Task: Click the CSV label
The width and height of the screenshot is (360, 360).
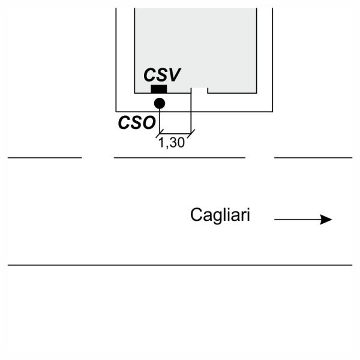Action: pos(162,75)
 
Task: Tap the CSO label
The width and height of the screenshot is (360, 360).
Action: pos(137,122)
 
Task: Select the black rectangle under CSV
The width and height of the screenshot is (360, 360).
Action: pos(159,89)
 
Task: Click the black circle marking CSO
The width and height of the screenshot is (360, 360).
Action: pos(160,103)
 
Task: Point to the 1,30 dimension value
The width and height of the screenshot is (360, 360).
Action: pos(172,143)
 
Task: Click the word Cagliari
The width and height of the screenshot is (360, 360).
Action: pos(220,215)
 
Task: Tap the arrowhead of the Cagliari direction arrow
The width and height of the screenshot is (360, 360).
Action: pos(326,220)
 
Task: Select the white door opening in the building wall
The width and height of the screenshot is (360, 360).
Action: pos(199,91)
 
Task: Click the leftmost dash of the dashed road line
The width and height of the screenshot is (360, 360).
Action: pos(45,158)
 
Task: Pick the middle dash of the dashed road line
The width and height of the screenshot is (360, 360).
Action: pos(179,158)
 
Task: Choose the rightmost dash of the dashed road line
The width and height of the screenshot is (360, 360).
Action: pos(313,158)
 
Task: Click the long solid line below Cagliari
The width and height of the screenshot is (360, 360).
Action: pos(180,265)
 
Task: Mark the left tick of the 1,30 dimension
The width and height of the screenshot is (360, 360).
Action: pos(160,133)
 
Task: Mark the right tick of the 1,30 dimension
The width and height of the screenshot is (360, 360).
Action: pos(191,133)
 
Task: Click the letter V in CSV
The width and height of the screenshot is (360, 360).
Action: pos(175,75)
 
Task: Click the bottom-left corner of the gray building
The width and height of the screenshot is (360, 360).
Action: pos(134,93)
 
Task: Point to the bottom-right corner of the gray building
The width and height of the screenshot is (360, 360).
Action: pos(257,93)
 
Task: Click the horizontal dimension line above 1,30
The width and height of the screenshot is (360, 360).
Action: pos(175,133)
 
